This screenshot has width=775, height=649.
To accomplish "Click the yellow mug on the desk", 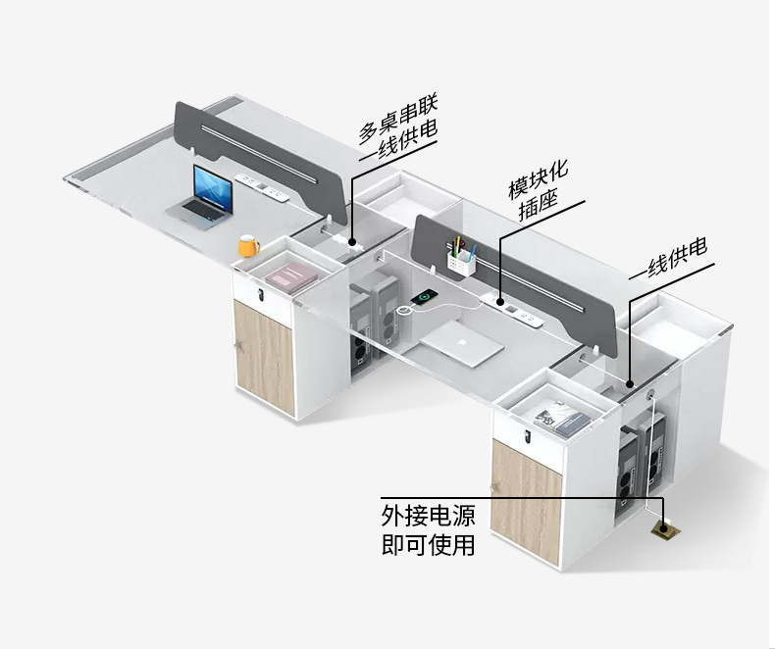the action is point(248,245).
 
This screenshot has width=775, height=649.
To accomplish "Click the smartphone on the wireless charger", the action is point(424,297).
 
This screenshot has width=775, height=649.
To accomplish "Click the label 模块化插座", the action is point(539,190).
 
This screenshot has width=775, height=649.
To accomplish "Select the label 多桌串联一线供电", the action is point(398,125).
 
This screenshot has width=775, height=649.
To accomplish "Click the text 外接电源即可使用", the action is point(428,529).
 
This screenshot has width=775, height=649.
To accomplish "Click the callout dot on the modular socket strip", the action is point(500,301).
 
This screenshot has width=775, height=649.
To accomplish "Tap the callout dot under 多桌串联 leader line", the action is point(352,242).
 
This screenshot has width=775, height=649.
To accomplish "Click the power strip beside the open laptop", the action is point(262,186).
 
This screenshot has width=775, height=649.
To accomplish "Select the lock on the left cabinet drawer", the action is point(260,295).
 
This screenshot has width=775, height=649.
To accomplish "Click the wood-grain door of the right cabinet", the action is point(527,501).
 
